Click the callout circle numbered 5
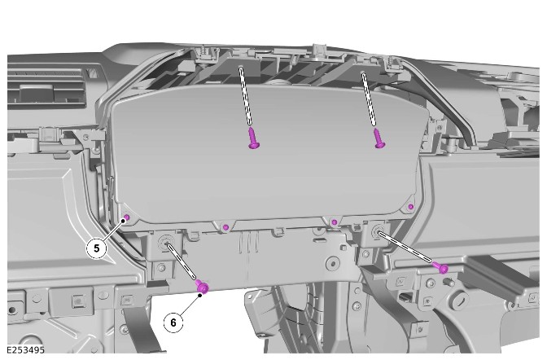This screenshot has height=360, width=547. click(96, 248)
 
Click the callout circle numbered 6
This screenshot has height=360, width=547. click(173, 323)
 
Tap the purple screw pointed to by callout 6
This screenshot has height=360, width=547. click(202, 287)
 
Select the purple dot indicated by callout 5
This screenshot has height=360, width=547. click(127, 218)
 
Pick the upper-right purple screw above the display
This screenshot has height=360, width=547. click(379, 138)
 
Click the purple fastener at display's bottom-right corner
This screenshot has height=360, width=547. click(411, 207)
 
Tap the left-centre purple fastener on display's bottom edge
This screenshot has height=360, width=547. click(225, 227)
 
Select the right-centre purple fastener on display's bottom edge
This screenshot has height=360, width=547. click(335, 222)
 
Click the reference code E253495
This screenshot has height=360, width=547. click(25, 350)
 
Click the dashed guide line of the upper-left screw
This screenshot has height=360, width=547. click(245, 95)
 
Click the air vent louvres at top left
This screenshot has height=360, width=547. click(46, 89)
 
